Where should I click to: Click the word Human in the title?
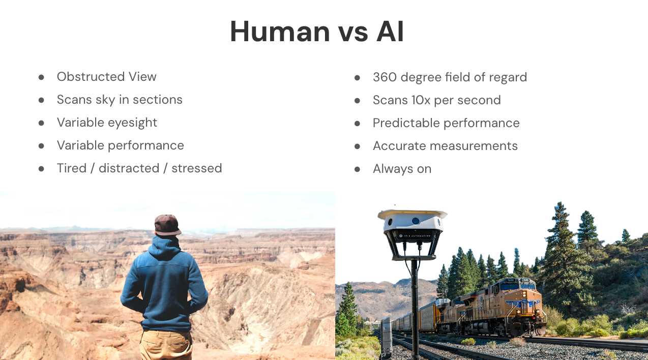pos(280,32)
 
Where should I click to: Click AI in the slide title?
pos(390,32)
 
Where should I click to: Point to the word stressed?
pos(197,168)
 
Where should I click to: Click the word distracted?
pos(129,168)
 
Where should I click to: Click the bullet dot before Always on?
pos(357,169)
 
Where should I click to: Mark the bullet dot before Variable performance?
pos(41,146)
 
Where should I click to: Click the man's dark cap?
pos(167,225)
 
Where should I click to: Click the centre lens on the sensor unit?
pos(416,221)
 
